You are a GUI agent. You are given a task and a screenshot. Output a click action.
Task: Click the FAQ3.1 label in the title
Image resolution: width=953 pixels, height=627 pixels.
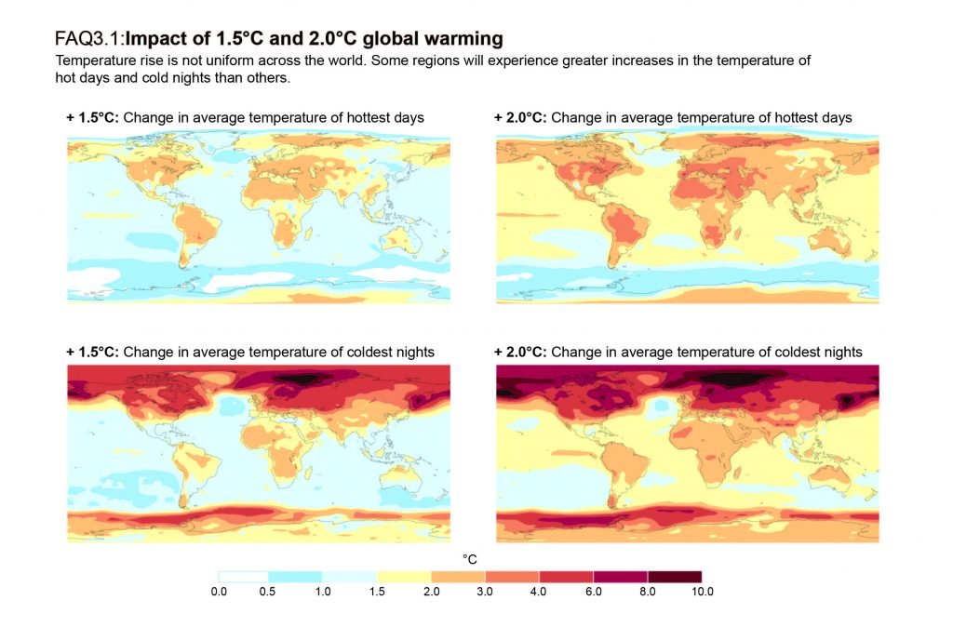click(x=89, y=39)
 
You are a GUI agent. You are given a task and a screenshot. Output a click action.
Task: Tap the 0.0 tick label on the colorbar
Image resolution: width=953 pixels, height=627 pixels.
click(x=219, y=592)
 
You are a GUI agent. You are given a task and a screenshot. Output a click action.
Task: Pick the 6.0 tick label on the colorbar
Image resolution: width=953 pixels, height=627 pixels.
click(x=595, y=592)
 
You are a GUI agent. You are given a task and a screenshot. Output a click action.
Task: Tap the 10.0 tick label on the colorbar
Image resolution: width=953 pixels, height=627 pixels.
click(x=702, y=592)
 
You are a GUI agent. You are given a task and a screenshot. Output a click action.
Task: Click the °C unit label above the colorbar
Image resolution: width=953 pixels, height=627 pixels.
click(x=470, y=559)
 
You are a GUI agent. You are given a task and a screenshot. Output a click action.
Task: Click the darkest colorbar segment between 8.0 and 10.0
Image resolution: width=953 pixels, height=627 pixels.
click(x=675, y=577)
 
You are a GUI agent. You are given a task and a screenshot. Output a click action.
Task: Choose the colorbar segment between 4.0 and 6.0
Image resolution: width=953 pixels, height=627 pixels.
click(x=567, y=577)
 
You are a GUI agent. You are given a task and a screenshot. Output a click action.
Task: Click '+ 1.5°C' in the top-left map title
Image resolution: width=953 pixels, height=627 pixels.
click(x=92, y=118)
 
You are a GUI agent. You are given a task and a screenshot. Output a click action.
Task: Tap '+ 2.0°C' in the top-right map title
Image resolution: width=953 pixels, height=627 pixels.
click(x=520, y=118)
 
